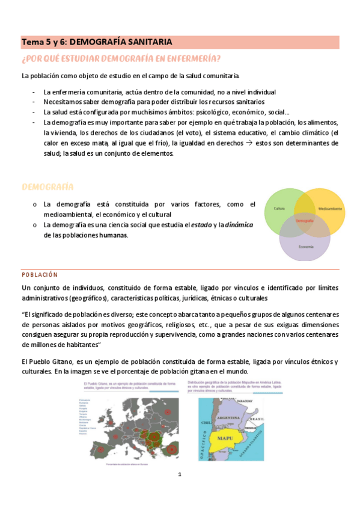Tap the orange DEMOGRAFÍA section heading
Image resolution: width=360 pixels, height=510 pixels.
(x=47, y=187)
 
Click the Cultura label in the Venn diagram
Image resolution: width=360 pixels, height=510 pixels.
(x=279, y=209)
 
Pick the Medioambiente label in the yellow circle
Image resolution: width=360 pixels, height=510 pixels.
(x=331, y=209)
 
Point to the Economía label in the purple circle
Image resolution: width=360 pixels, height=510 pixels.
(x=305, y=247)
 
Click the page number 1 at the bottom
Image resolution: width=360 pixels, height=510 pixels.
(x=179, y=475)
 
